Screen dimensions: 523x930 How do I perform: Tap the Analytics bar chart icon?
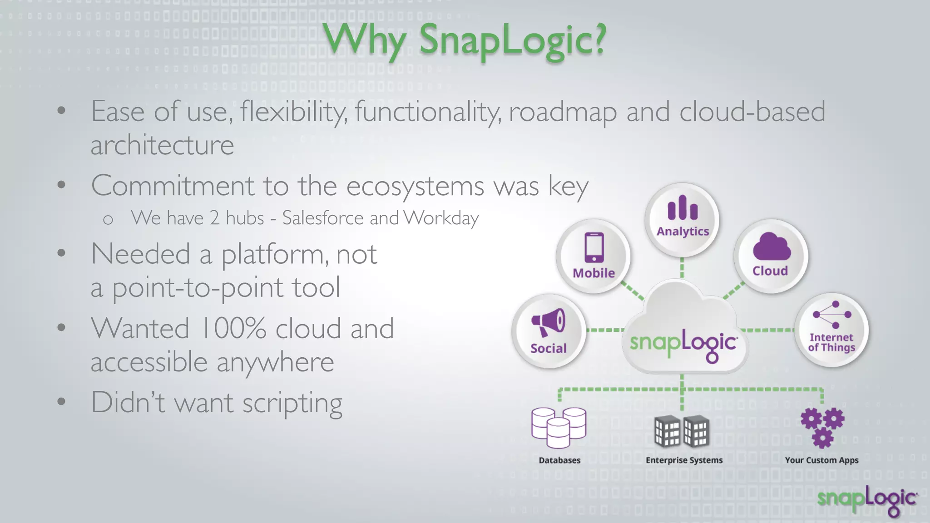click(x=683, y=208)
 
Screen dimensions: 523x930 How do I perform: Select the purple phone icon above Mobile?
click(x=594, y=247)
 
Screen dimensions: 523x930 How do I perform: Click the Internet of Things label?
click(x=831, y=342)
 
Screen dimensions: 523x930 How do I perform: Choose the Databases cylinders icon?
click(x=559, y=427)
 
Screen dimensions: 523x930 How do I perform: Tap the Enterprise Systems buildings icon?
click(x=682, y=431)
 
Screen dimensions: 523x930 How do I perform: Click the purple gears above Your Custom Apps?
click(x=822, y=427)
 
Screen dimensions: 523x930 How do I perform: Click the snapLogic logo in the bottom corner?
click(x=867, y=500)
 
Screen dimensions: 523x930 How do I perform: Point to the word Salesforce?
click(x=323, y=218)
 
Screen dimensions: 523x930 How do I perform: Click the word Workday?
click(x=441, y=218)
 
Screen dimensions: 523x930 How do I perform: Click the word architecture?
click(x=162, y=145)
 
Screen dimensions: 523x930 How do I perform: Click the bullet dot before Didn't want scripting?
click(x=62, y=402)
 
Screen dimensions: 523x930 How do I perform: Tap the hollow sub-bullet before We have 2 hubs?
click(x=108, y=220)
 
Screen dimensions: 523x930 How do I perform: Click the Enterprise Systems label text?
click(x=684, y=460)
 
